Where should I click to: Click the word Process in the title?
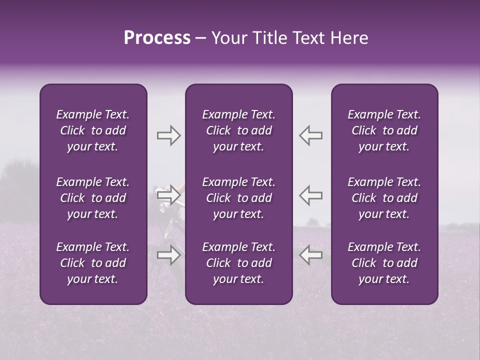coord(157,38)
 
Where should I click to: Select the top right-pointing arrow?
coord(168,135)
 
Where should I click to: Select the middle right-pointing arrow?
coord(168,195)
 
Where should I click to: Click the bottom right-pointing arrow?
coord(168,255)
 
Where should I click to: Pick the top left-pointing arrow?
coord(310,135)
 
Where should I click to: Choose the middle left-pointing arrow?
coord(310,195)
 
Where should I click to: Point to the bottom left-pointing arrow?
coord(310,255)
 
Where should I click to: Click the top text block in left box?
coord(93,130)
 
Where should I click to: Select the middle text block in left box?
coord(93,198)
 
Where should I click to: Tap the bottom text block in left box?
coord(93,263)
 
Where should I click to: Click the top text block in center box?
coord(238,130)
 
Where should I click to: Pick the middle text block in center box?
coord(238,198)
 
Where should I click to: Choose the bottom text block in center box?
coord(238,263)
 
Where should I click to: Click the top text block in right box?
coord(384,130)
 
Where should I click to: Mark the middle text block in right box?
coord(384,198)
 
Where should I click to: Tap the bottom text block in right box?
coord(384,263)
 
